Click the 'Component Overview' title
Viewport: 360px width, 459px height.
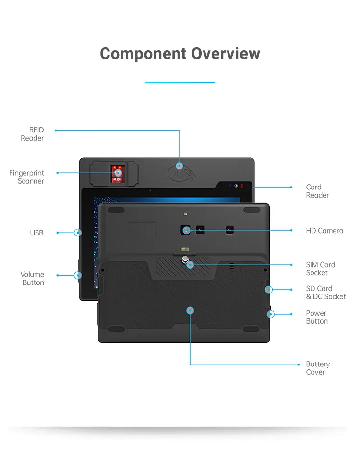180,53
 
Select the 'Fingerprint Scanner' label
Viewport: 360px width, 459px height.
26,177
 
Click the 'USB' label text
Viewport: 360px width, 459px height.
36,233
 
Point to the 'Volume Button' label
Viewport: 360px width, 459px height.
32,279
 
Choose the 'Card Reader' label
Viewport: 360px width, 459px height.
317,191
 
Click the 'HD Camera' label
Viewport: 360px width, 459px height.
324,231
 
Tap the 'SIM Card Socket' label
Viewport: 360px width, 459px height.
321,269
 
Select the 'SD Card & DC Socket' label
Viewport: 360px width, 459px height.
325,293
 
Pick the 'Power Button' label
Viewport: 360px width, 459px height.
316,317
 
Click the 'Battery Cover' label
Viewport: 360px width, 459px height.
318,368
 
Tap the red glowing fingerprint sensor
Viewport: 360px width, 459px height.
117,174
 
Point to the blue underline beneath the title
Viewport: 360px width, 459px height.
180,82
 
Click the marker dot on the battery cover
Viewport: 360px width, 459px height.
191,311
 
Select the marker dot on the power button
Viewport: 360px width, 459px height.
271,315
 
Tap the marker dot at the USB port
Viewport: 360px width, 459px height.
78,233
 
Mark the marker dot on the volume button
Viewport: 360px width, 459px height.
78,275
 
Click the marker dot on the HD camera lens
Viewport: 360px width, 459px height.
186,231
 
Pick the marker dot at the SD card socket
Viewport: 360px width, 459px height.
269,290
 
